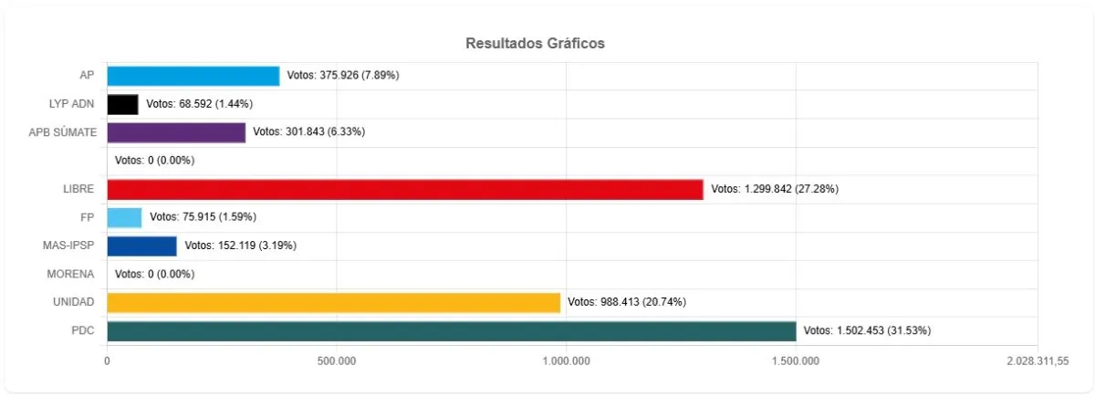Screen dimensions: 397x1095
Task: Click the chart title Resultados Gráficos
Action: (x=535, y=43)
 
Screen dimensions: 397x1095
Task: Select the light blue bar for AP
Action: (x=193, y=76)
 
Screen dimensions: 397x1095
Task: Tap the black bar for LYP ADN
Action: (x=122, y=104)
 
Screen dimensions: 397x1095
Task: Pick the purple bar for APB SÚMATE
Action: (x=176, y=132)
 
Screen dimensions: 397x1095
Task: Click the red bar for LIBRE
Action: (x=405, y=189)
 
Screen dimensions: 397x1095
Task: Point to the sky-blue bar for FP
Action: (x=124, y=217)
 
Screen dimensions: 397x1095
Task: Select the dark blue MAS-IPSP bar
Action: (x=141, y=246)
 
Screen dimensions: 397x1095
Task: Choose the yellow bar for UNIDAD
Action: (x=333, y=302)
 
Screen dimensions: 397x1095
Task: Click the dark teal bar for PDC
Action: (x=452, y=330)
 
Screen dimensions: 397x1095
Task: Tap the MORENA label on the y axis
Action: (x=71, y=274)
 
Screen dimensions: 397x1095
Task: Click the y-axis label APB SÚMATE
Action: (x=63, y=132)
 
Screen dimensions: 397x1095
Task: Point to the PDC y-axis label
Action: (x=82, y=330)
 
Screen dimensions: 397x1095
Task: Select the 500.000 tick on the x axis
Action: (x=337, y=361)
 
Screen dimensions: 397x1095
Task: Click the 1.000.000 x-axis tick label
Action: (x=566, y=361)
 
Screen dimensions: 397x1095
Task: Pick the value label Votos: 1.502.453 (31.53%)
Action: (x=867, y=330)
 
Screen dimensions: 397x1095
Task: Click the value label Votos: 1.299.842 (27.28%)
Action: (x=775, y=189)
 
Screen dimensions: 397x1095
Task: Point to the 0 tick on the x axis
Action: (x=108, y=361)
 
